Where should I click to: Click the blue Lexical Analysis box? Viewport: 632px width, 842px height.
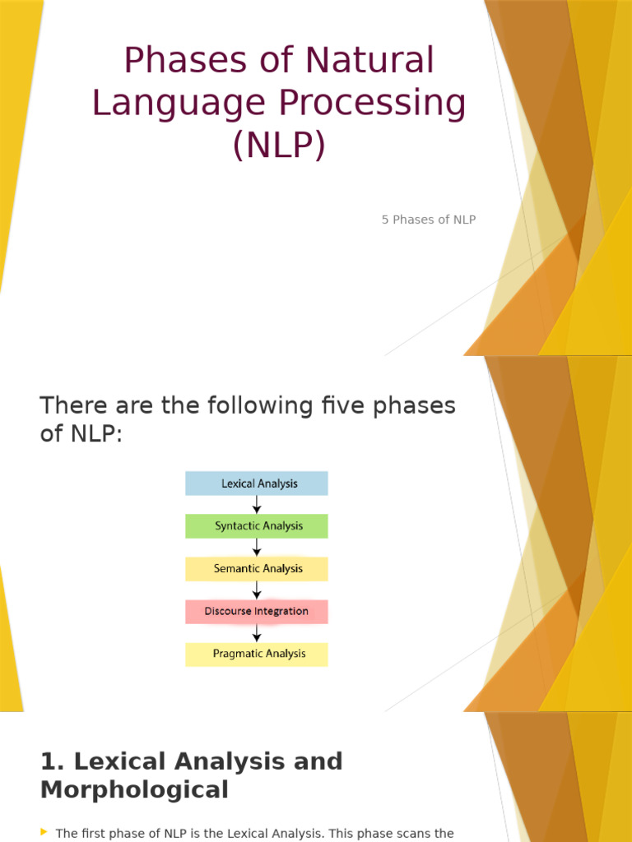click(257, 483)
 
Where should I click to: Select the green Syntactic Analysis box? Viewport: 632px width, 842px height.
click(257, 526)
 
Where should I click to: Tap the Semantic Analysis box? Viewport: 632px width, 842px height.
click(257, 569)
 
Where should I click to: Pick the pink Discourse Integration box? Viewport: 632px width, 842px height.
click(257, 612)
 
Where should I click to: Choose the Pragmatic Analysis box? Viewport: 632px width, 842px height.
click(257, 655)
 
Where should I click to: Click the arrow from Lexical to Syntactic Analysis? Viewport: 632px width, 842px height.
click(257, 505)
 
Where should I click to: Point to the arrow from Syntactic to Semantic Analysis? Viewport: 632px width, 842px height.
click(257, 548)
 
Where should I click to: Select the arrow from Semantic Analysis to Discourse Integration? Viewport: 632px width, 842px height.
click(257, 590)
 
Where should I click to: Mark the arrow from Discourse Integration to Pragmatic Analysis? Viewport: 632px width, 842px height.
click(257, 633)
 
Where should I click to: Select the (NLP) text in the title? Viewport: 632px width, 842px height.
click(279, 146)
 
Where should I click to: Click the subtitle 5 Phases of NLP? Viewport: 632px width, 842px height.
click(429, 220)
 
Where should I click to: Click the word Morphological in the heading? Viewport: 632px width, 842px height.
click(134, 790)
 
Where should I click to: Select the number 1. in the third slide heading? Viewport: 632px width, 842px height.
click(51, 761)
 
